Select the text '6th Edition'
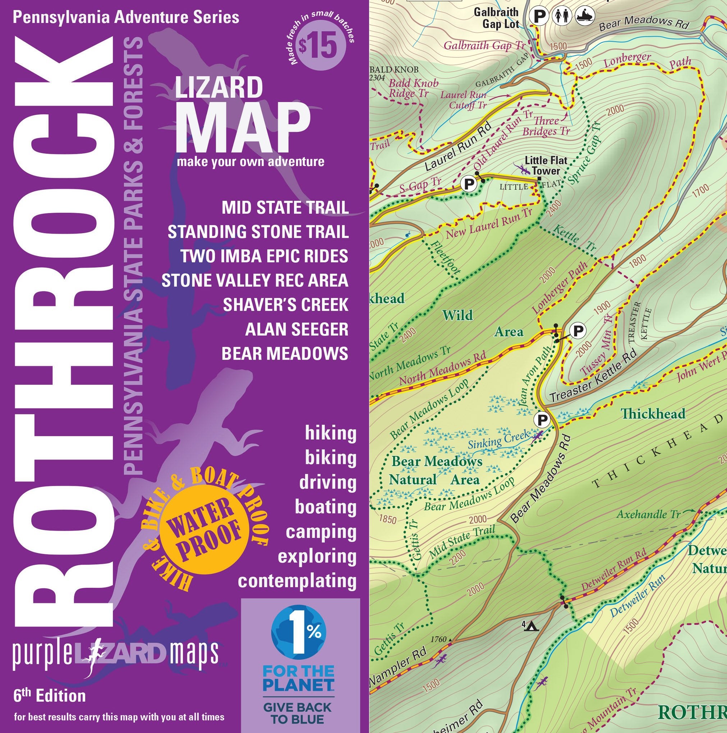point(49,696)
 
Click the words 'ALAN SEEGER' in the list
point(296,329)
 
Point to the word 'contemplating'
point(297,581)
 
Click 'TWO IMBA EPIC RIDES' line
point(264,256)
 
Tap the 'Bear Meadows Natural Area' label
point(436,470)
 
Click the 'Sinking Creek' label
point(498,439)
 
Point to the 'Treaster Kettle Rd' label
point(593,376)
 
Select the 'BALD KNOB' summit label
point(394,70)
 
